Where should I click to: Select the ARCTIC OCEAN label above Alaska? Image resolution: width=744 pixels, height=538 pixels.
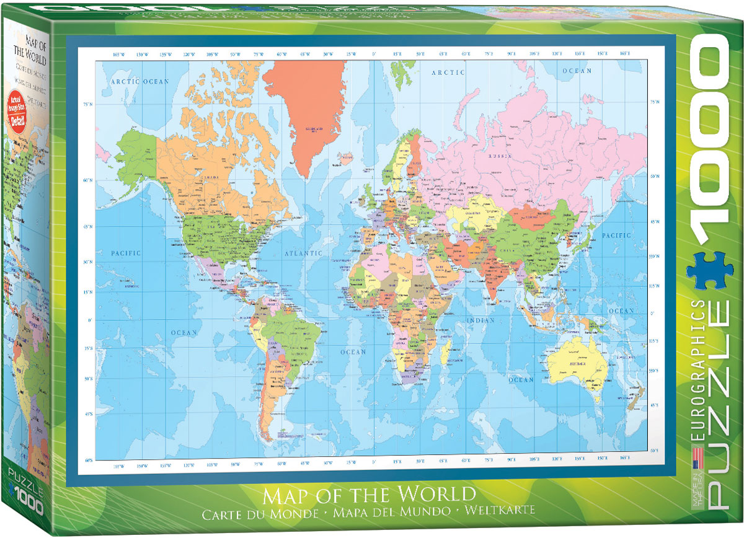139,81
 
